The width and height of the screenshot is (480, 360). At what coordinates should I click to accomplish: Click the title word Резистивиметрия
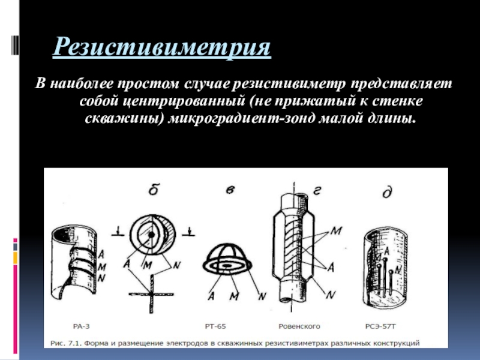pyautogui.click(x=161, y=47)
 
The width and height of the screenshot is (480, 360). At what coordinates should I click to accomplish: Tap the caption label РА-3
pyautogui.click(x=82, y=326)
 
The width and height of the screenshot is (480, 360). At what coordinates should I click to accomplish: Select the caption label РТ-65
pyautogui.click(x=215, y=326)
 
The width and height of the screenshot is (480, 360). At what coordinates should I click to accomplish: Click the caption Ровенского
pyautogui.click(x=299, y=326)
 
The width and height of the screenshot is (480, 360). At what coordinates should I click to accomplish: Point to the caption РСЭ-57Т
pyautogui.click(x=380, y=326)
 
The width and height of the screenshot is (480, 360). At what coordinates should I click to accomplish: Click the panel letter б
pyautogui.click(x=154, y=190)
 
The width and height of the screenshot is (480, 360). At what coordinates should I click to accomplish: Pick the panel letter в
pyautogui.click(x=230, y=190)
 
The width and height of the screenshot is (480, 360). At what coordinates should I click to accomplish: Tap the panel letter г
pyautogui.click(x=317, y=191)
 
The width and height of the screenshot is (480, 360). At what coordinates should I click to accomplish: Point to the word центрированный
pyautogui.click(x=184, y=101)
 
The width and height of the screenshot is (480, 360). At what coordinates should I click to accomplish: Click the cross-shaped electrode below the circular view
pyautogui.click(x=151, y=294)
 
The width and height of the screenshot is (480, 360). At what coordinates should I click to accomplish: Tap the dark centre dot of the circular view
pyautogui.click(x=152, y=235)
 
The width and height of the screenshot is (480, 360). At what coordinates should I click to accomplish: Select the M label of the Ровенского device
pyautogui.click(x=336, y=230)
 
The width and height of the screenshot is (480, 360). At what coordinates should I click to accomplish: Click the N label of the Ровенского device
pyautogui.click(x=331, y=295)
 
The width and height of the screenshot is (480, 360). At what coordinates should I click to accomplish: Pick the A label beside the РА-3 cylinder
pyautogui.click(x=101, y=254)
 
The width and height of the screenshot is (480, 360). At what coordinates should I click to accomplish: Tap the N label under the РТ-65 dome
pyautogui.click(x=262, y=296)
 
